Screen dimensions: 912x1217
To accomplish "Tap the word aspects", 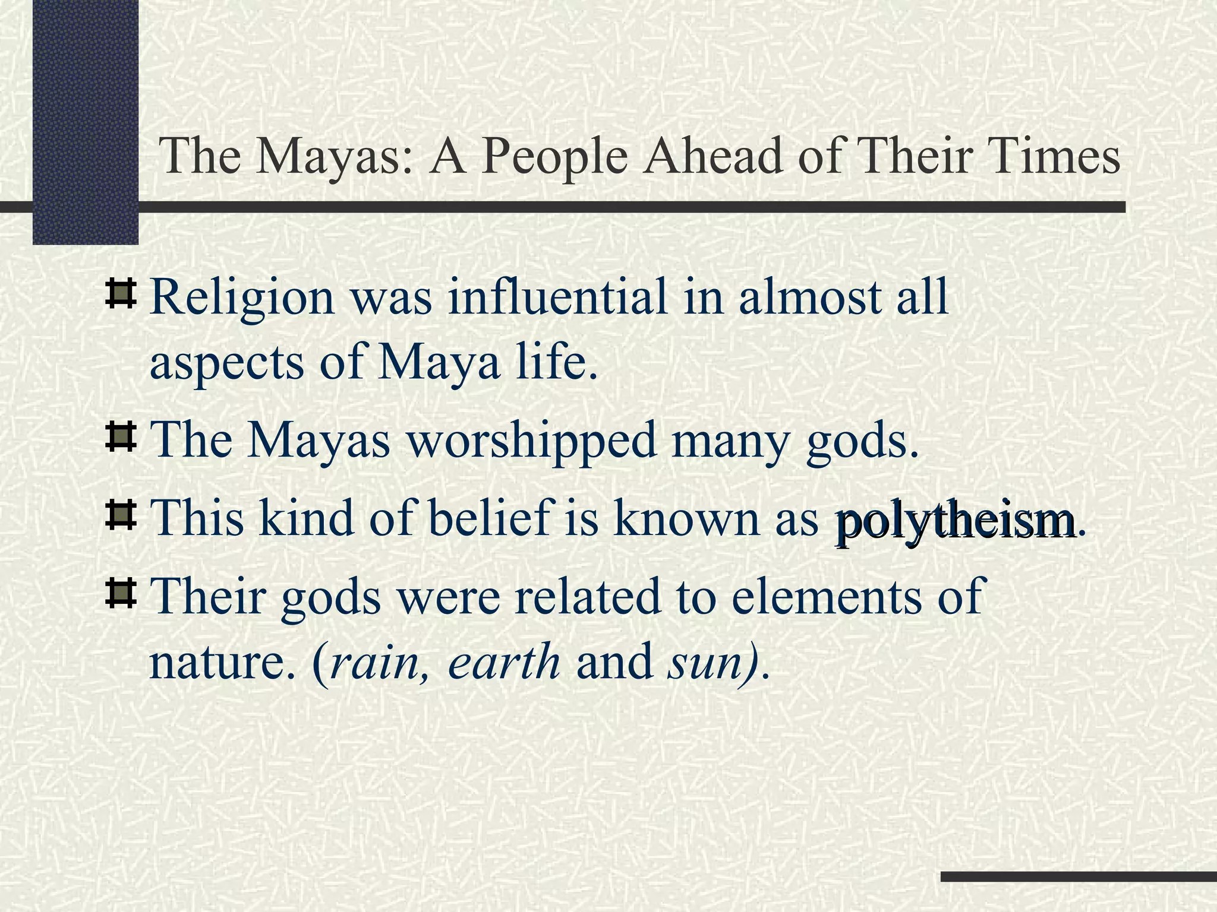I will pos(226,363).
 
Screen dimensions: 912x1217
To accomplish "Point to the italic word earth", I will pos(504,662).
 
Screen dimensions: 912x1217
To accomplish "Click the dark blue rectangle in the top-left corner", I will pos(85,119).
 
